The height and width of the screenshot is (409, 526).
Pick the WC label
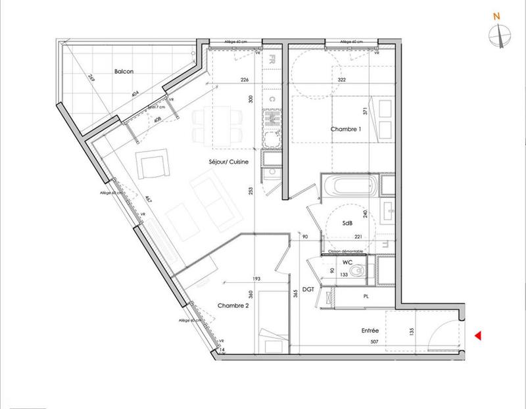click(x=348, y=262)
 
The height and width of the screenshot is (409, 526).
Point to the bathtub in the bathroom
click(x=350, y=185)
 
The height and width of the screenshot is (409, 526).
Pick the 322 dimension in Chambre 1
click(x=341, y=80)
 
